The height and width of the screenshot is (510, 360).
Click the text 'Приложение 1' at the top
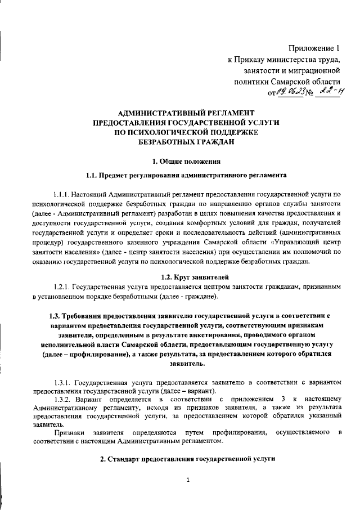click(314, 48)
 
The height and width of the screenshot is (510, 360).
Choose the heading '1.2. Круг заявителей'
click(181, 278)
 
